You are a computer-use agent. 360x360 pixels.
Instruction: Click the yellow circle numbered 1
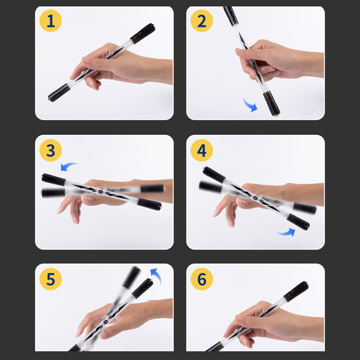point(50,21)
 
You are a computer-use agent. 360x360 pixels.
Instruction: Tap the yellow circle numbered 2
point(202,21)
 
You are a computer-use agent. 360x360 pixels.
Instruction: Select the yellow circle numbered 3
point(50,150)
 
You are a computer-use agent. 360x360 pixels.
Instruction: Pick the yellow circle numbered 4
point(202,150)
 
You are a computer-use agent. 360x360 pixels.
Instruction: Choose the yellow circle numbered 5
point(50,279)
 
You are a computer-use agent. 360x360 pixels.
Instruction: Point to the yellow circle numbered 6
point(202,279)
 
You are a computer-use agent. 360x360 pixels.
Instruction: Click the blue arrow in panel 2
point(250,105)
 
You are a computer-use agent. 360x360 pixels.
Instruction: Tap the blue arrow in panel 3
point(68,166)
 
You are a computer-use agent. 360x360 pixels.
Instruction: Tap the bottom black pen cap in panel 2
point(272,103)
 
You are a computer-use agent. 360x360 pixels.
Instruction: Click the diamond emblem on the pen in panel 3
point(101,191)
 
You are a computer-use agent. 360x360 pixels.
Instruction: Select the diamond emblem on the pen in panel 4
point(255,198)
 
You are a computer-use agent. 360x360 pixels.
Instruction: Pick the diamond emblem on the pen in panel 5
point(106,321)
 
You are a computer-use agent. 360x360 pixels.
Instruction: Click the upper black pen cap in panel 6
point(296,291)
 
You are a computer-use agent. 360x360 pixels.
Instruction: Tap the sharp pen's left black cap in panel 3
point(54,179)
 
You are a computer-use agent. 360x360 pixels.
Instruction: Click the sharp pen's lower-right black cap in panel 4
point(298,222)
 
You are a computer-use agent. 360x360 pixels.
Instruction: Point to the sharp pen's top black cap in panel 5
point(143,288)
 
